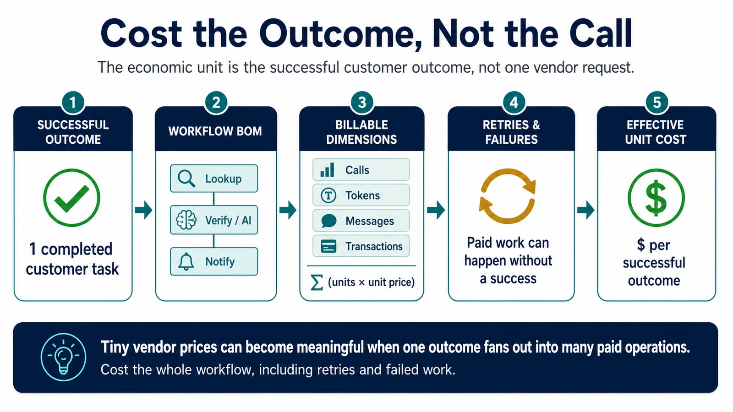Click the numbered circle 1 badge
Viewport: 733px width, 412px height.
click(x=73, y=103)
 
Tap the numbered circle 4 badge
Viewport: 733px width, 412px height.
click(x=514, y=103)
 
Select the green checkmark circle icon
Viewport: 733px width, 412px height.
click(x=71, y=197)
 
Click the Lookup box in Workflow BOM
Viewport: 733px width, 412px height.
click(x=214, y=179)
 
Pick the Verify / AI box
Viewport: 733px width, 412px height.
click(x=214, y=220)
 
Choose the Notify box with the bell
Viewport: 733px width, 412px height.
click(x=214, y=261)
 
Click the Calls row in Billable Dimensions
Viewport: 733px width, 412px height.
click(x=361, y=170)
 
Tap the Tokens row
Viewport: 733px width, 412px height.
click(x=361, y=195)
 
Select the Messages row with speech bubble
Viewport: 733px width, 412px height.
click(x=361, y=221)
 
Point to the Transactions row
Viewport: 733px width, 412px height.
click(x=361, y=246)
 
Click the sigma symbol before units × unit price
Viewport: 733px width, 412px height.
click(x=317, y=282)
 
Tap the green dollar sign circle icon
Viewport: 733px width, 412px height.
click(x=656, y=197)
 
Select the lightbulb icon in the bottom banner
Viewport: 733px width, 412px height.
click(x=63, y=357)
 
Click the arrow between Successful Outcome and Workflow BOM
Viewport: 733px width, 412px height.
click(x=143, y=210)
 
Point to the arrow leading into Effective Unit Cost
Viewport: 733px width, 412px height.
click(x=586, y=210)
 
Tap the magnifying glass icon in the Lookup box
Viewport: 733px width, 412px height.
click(x=186, y=179)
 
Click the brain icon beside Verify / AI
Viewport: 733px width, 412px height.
click(x=186, y=220)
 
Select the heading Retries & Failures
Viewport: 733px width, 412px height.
click(x=511, y=132)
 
